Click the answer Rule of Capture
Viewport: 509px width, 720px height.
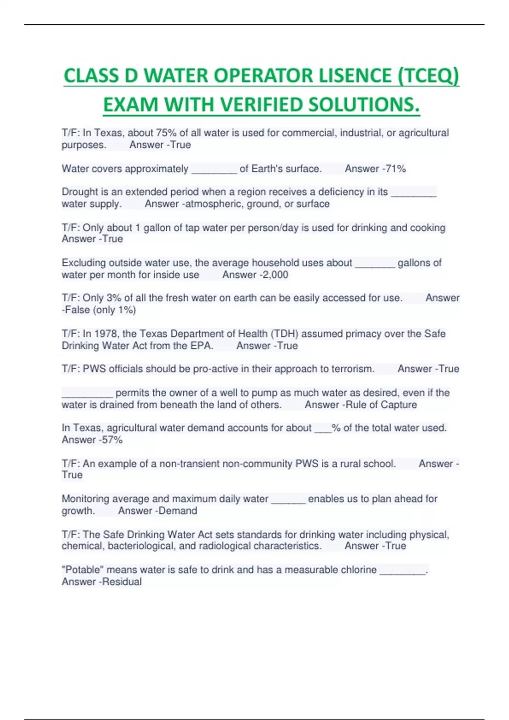(381, 405)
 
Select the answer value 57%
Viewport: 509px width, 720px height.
(112, 440)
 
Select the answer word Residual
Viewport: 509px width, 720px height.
(122, 582)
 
